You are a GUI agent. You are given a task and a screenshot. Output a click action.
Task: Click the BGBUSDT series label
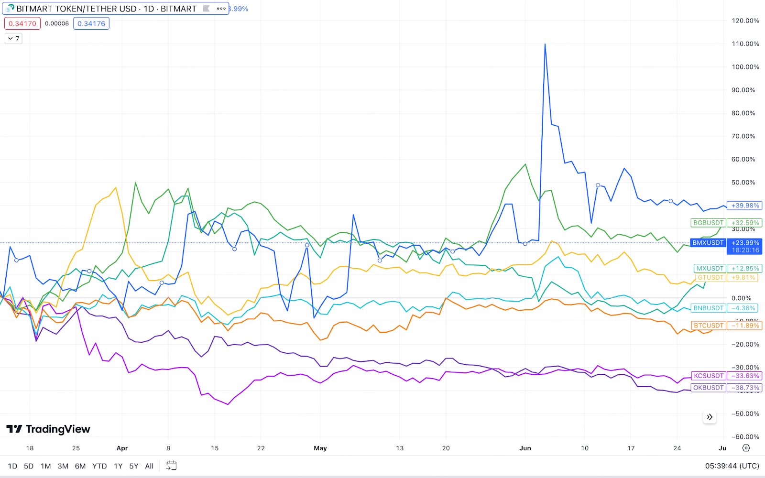pos(708,223)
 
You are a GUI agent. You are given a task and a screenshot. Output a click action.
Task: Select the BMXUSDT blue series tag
pos(708,243)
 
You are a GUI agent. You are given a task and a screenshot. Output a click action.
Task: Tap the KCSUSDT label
pos(708,376)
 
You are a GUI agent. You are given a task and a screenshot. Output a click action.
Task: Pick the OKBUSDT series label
pos(708,388)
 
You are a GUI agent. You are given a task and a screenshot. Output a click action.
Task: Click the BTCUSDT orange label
pos(708,326)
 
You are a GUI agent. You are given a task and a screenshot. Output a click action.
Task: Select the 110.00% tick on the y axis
pos(745,43)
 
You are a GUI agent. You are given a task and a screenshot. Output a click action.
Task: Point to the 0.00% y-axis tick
pos(741,298)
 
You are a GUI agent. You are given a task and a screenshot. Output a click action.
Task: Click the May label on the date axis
pos(320,448)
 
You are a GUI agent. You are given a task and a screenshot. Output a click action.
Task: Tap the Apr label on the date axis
pos(122,448)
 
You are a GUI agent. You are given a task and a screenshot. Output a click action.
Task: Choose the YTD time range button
pos(99,466)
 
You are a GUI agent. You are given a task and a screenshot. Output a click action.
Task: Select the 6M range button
pos(80,466)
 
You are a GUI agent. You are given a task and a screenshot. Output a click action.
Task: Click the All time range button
pos(149,466)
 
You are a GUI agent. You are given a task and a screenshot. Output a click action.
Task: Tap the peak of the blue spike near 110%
pos(545,44)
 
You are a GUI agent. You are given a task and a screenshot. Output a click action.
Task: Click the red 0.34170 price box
pos(22,23)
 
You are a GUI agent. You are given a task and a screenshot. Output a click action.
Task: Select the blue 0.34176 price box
pos(91,23)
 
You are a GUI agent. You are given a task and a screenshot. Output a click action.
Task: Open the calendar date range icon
pos(171,466)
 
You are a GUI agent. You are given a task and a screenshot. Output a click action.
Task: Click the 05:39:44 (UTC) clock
pos(732,466)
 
